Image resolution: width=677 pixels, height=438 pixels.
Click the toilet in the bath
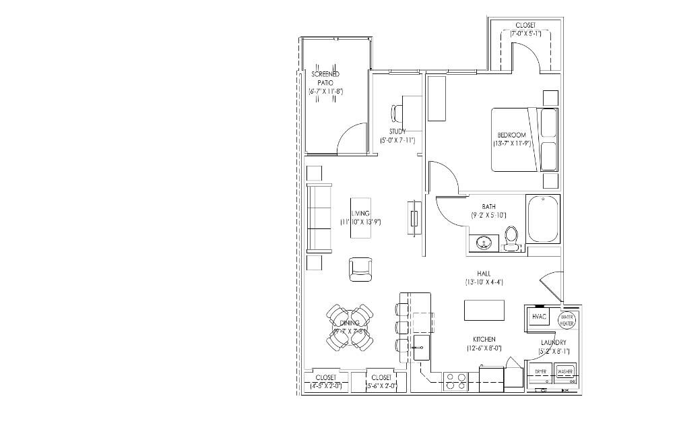pos(511,238)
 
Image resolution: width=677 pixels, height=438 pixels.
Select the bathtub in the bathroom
pos(543,219)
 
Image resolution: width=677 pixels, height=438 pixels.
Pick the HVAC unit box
pos(539,316)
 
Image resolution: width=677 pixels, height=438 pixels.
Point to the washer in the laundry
pos(565,372)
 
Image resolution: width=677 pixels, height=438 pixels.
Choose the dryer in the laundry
pos(541,372)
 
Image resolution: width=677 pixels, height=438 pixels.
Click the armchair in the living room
pos(360,269)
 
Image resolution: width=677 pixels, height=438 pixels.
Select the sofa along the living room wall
pos(319,218)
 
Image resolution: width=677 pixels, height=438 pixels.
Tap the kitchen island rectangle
pos(484,311)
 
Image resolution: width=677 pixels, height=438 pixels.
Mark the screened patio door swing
pos(352,139)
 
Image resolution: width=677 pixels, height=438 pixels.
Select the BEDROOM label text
pos(511,135)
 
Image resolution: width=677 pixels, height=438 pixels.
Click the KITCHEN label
pos(484,339)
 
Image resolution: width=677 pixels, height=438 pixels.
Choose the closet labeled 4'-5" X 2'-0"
pos(326,382)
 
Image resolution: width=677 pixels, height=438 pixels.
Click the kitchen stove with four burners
pos(456,382)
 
